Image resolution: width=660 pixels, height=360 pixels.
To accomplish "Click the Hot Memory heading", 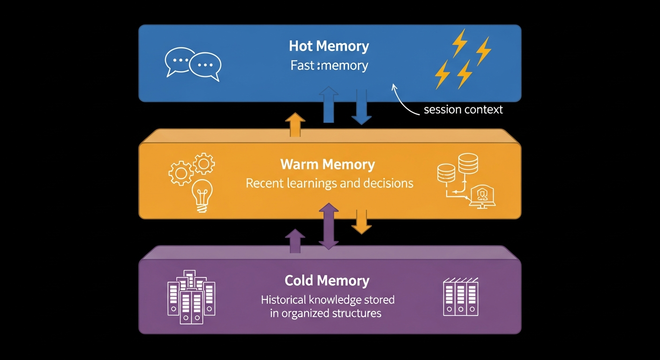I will click(329, 46).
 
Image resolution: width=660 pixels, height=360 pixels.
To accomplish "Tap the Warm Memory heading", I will click(327, 165).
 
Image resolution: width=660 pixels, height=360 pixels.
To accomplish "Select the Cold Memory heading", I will click(327, 281).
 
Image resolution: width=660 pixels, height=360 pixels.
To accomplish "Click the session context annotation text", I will click(463, 110).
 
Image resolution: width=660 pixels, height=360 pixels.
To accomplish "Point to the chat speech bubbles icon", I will click(193, 64).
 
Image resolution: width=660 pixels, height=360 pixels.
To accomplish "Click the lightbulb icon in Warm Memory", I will click(202, 195).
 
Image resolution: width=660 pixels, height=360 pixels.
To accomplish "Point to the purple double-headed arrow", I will click(329, 226).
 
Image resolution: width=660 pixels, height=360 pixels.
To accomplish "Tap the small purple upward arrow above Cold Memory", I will click(295, 241).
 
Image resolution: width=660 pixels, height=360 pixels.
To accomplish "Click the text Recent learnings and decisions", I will click(330, 183).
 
